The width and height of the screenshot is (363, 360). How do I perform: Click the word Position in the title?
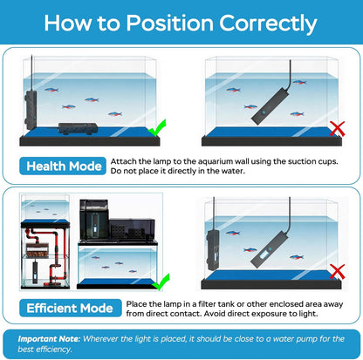pyautogui.click(x=170, y=23)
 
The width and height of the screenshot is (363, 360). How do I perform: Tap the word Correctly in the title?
pyautogui.click(x=268, y=24)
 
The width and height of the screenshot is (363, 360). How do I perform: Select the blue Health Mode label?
pyautogui.click(x=63, y=166)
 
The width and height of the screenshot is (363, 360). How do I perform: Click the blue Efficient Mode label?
pyautogui.click(x=71, y=308)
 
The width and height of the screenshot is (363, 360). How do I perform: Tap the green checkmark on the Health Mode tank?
pyautogui.click(x=157, y=127)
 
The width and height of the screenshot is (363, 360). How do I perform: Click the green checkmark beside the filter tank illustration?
pyautogui.click(x=161, y=282)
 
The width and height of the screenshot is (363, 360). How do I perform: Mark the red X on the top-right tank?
pyautogui.click(x=338, y=128)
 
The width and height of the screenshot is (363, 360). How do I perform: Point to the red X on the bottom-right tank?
pyautogui.click(x=338, y=272)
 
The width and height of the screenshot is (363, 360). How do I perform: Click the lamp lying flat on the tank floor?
pyautogui.click(x=78, y=128)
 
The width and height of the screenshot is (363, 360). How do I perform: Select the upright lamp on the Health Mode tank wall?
pyautogui.click(x=31, y=110)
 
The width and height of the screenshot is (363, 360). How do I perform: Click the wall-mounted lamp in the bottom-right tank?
pyautogui.click(x=213, y=249)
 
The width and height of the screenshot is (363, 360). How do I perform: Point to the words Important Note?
pyautogui.click(x=49, y=339)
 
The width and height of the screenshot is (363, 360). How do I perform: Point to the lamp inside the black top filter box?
pyautogui.click(x=95, y=223)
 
